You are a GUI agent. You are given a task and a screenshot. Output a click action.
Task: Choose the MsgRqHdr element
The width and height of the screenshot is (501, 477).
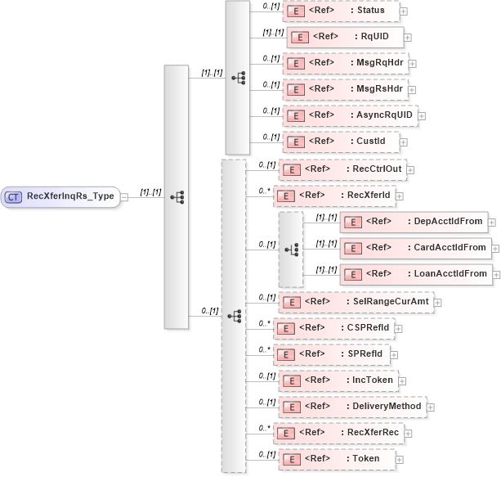pyautogui.click(x=345, y=63)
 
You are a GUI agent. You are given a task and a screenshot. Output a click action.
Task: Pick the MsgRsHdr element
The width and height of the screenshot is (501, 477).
pyautogui.click(x=345, y=89)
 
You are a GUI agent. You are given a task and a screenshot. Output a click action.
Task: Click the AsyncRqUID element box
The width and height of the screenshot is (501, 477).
pyautogui.click(x=350, y=115)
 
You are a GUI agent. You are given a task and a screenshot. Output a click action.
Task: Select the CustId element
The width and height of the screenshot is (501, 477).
pyautogui.click(x=341, y=142)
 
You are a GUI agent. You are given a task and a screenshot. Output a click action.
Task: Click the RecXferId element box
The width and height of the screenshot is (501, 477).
pyautogui.click(x=334, y=196)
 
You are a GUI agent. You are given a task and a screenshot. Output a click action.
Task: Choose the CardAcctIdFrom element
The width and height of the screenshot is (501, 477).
pyautogui.click(x=415, y=247)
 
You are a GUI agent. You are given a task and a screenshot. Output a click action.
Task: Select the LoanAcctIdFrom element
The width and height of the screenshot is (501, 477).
pyautogui.click(x=415, y=274)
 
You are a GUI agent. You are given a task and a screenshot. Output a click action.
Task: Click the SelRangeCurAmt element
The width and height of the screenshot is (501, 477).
pyautogui.click(x=356, y=301)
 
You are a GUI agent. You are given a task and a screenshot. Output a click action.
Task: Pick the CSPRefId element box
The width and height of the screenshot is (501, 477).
pyautogui.click(x=334, y=328)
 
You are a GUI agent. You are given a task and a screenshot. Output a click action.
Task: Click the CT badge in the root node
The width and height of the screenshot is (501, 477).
pyautogui.click(x=13, y=196)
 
